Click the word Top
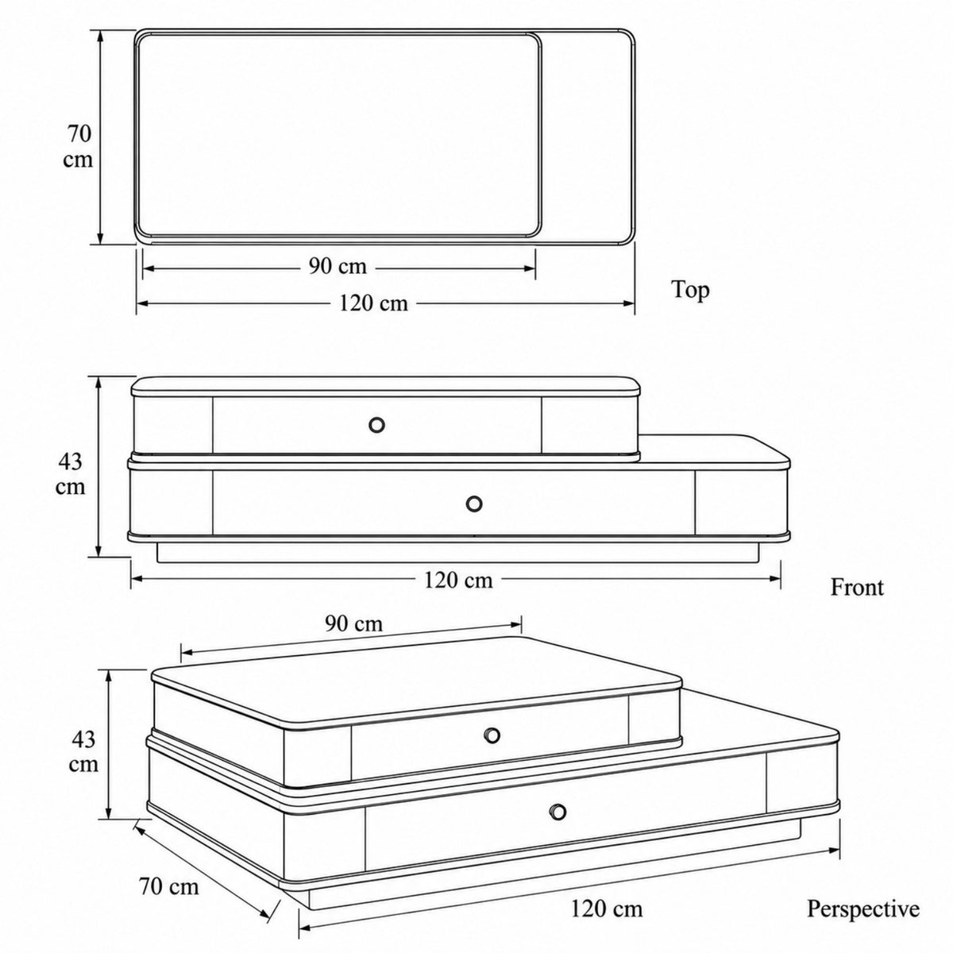tap(690, 290)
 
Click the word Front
tap(857, 588)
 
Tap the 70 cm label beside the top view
tap(79, 147)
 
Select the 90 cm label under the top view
tap(338, 267)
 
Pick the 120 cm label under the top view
tap(373, 303)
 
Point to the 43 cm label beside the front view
tap(70, 474)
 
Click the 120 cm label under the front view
tap(458, 580)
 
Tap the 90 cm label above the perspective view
tap(353, 623)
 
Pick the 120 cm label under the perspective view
tap(607, 882)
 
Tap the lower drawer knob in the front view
tap(474, 504)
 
